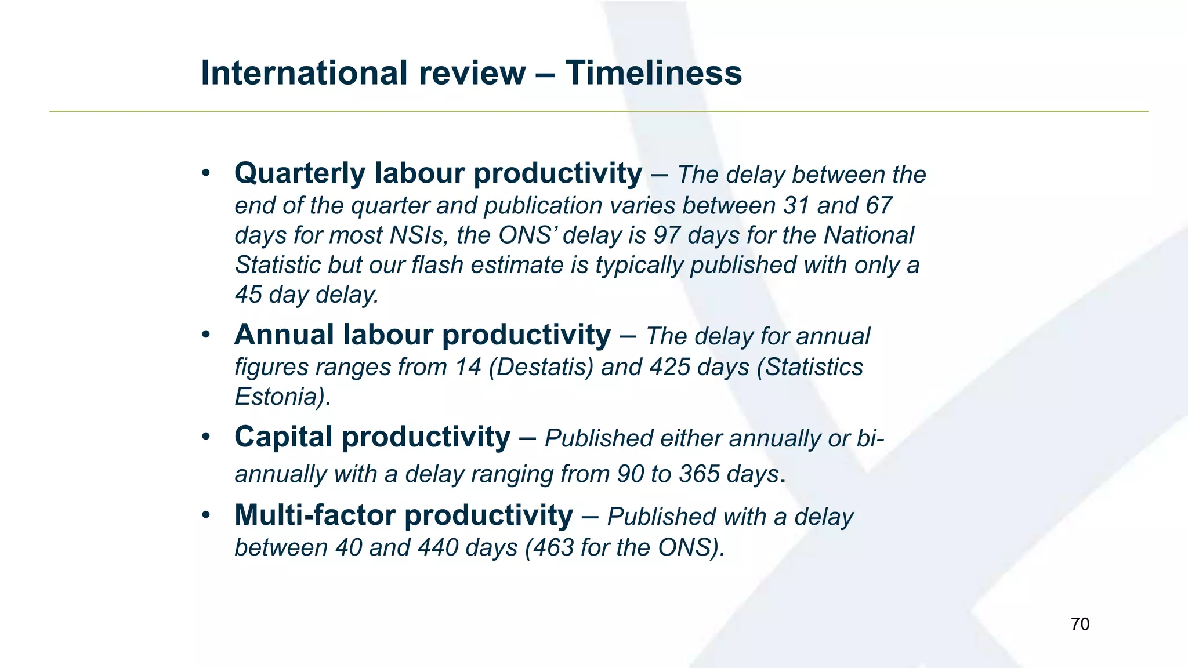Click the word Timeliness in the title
pos(654,73)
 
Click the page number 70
pos(1080,624)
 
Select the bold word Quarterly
pos(300,173)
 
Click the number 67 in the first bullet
pos(878,206)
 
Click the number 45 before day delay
pos(248,295)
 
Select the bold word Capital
pos(284,437)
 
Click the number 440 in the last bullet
pos(438,547)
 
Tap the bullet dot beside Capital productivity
pos(206,437)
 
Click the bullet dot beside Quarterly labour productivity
pos(206,173)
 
